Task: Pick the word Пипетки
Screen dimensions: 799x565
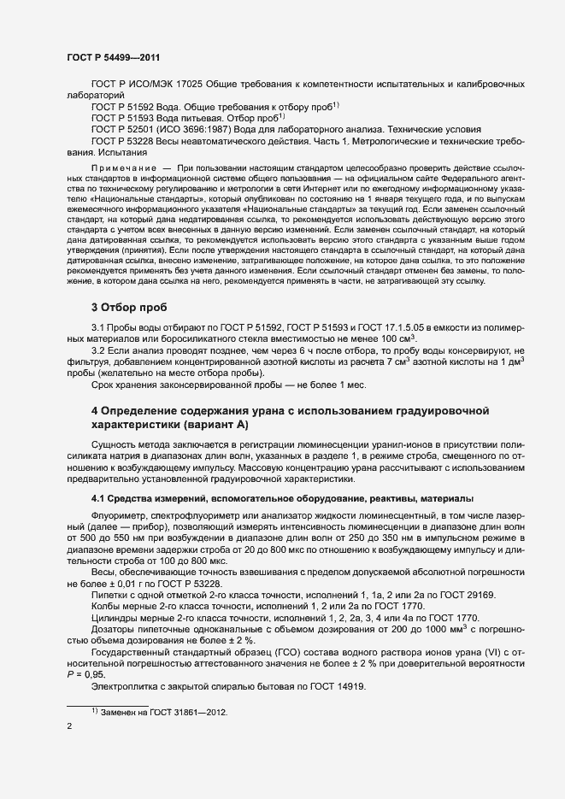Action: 109,594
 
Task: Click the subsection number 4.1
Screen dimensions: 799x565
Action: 99,498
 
